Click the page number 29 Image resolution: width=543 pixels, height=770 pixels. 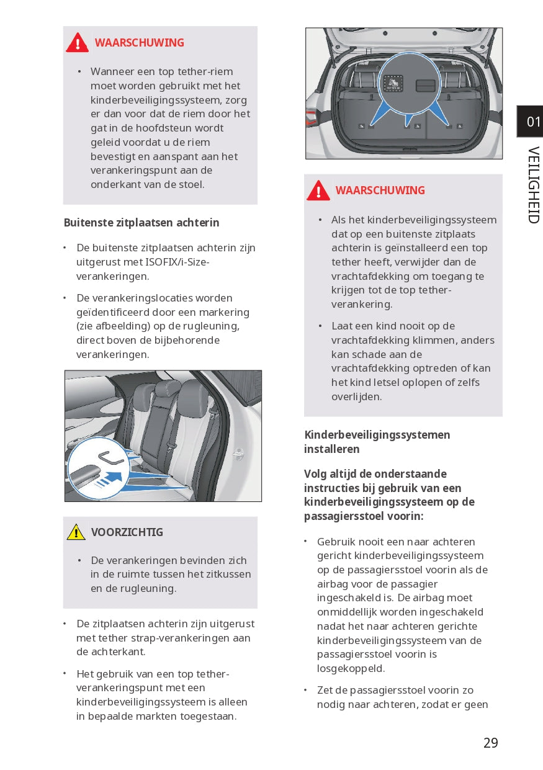point(490,743)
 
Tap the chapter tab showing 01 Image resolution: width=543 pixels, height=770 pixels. point(532,122)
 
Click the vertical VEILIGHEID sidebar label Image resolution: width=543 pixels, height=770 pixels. point(533,185)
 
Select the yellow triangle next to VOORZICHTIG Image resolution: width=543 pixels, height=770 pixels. point(76,532)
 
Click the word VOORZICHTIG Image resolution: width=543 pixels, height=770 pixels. point(127,532)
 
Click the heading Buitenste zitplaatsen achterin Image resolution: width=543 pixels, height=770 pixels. point(141,223)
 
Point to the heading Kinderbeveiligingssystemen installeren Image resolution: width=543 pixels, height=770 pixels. point(377,442)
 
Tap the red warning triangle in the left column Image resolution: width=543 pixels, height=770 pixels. point(78,42)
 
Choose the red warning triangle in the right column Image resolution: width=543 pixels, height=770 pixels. point(318,190)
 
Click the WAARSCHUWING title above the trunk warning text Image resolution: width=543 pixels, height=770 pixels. point(380,190)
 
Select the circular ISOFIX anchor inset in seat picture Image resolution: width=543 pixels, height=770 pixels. point(97,467)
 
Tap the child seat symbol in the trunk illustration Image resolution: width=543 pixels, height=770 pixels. point(393,83)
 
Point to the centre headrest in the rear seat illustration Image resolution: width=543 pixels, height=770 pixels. point(168,389)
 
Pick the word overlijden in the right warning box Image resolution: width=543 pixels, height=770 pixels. point(356,396)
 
